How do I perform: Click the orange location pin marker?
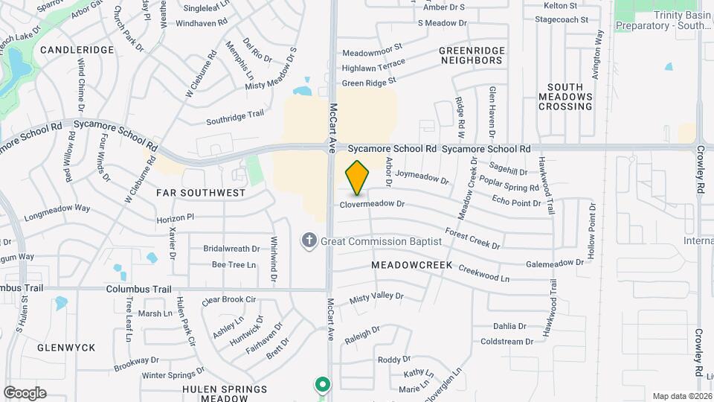pos(358,178)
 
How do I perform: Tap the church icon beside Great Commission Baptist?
pos(309,240)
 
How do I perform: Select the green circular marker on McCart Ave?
pos(322,385)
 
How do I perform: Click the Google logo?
pos(25,392)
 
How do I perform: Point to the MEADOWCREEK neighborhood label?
pos(408,265)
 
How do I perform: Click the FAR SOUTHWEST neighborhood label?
pos(201,193)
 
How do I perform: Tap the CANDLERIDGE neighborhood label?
pos(77,50)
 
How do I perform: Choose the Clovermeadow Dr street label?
pos(372,204)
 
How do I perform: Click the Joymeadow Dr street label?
pos(422,177)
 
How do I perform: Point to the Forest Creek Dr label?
pos(472,239)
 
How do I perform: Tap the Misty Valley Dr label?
pos(376,296)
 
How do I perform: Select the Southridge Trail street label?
pos(235,115)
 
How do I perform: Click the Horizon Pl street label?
pos(175,217)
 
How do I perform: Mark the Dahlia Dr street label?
pos(509,326)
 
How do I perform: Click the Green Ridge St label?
pos(370,81)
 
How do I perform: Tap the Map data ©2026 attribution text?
pos(681,396)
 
